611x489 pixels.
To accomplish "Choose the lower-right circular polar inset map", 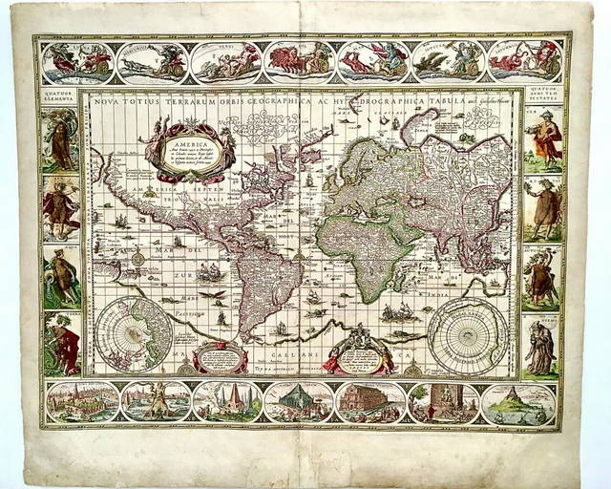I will coord(468,333).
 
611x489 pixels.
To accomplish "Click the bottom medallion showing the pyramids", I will coord(227,402).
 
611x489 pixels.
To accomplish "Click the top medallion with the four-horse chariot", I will coord(299,61).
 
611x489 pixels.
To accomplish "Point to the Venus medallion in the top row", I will coord(225,61).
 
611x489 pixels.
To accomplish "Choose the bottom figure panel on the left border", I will coord(61,343).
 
